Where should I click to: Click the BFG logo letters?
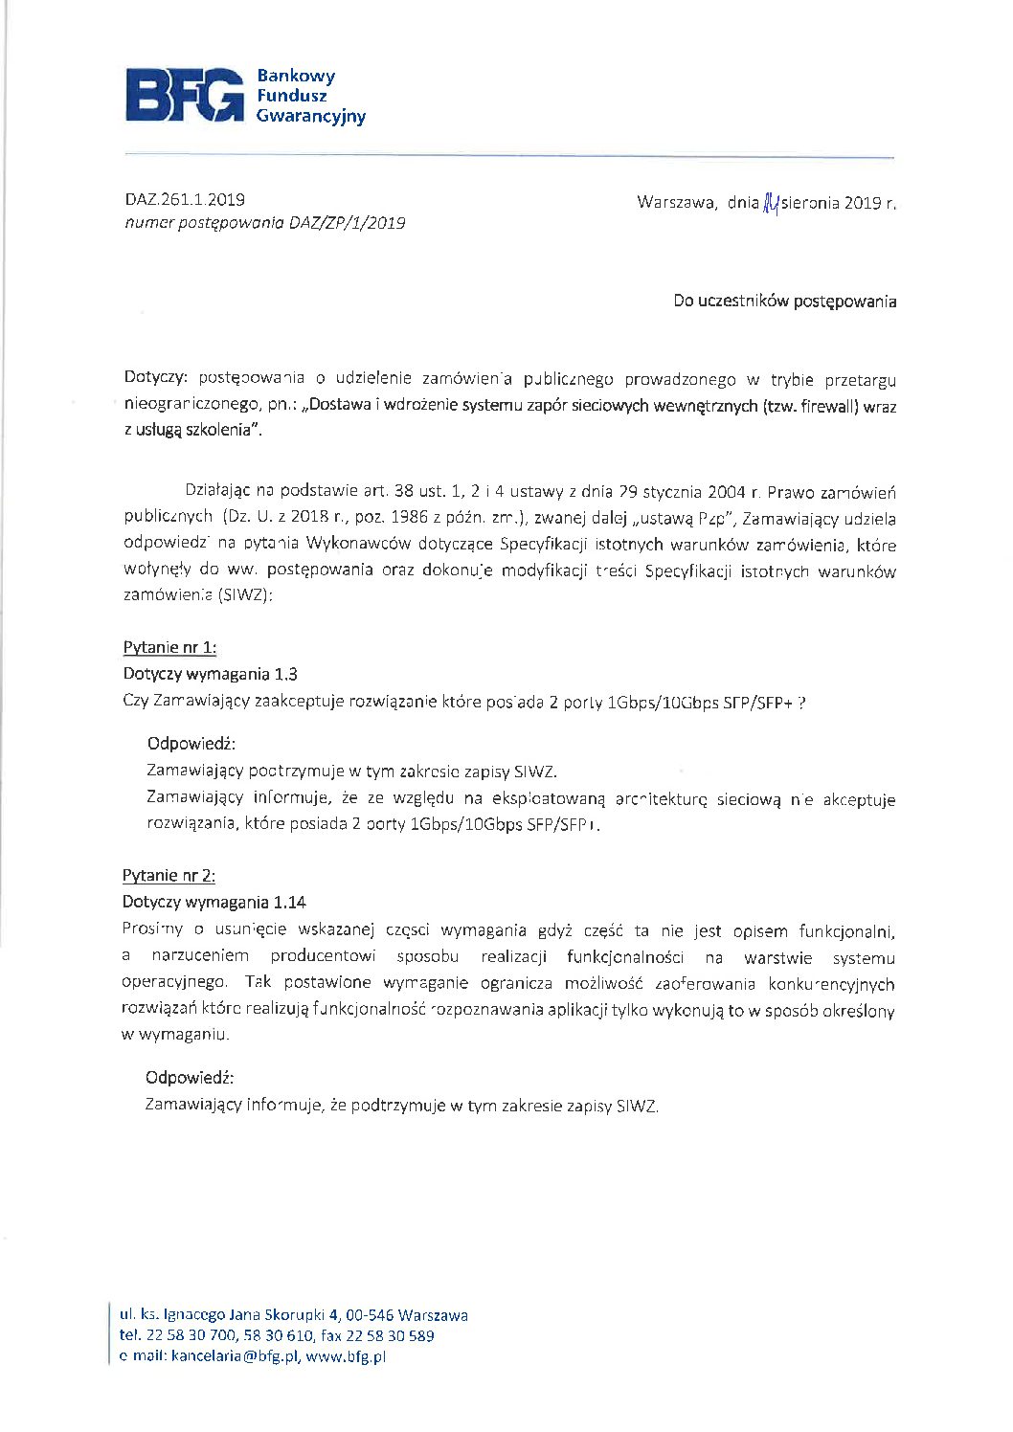click(184, 95)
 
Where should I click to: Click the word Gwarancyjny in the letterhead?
click(310, 117)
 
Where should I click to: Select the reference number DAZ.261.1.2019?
click(185, 200)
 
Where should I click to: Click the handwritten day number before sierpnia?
click(770, 203)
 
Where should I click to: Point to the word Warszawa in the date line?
click(675, 203)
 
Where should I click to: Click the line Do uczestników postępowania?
click(784, 302)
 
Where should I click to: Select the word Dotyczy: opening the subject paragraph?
click(156, 379)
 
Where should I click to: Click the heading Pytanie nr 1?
click(169, 648)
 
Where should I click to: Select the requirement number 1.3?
click(285, 675)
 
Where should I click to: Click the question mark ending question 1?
click(800, 702)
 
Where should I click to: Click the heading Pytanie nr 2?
click(169, 876)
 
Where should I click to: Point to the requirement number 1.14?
click(289, 903)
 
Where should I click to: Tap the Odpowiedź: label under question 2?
click(190, 1078)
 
